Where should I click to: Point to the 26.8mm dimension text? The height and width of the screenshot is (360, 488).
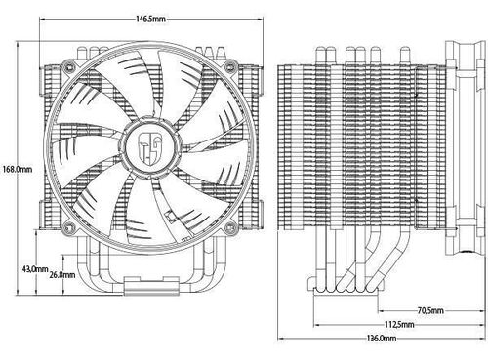pos(62,275)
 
